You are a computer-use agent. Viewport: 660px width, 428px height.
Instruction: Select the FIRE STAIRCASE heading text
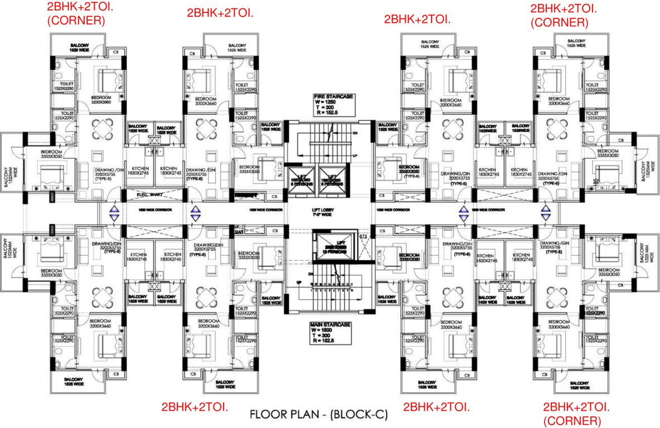coord(333,96)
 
